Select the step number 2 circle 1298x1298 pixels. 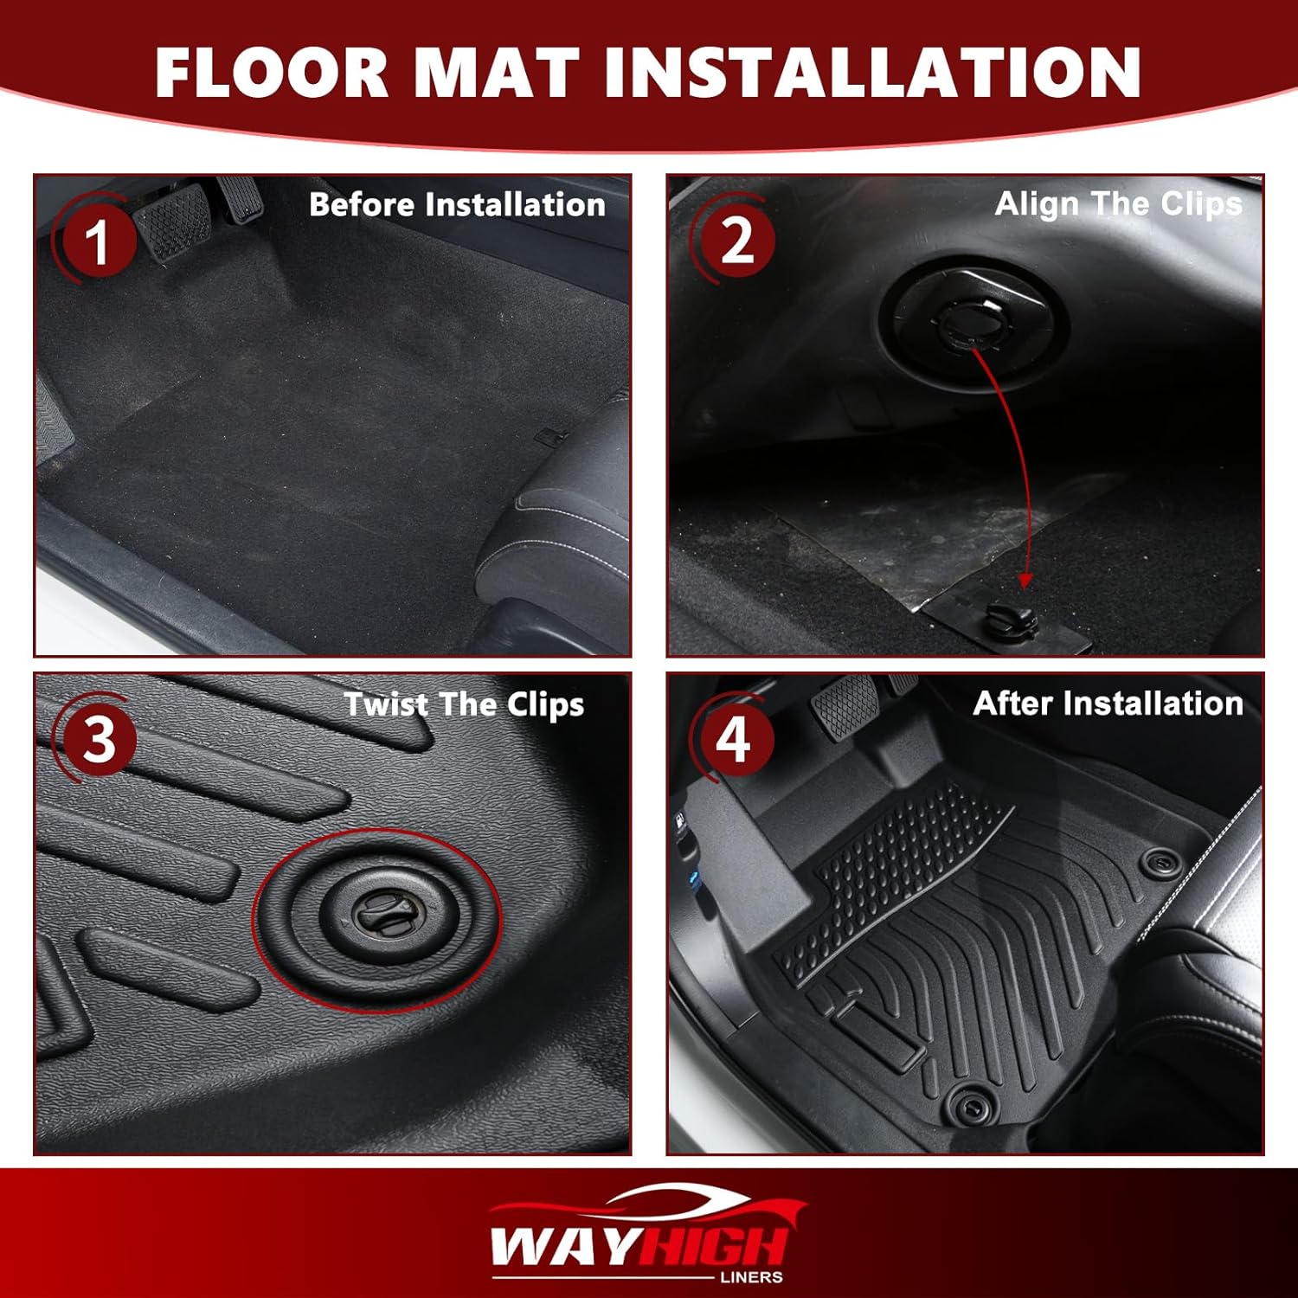(x=736, y=240)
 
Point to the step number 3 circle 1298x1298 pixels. (x=98, y=740)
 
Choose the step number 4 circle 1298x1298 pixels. (x=734, y=740)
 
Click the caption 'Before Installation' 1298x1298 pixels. (x=457, y=205)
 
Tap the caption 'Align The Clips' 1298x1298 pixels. (x=1118, y=204)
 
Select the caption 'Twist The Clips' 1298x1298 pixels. (x=464, y=704)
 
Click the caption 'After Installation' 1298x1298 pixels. (x=1108, y=704)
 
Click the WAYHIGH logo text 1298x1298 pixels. (x=639, y=1246)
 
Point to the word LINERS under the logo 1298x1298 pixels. (x=751, y=1277)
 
